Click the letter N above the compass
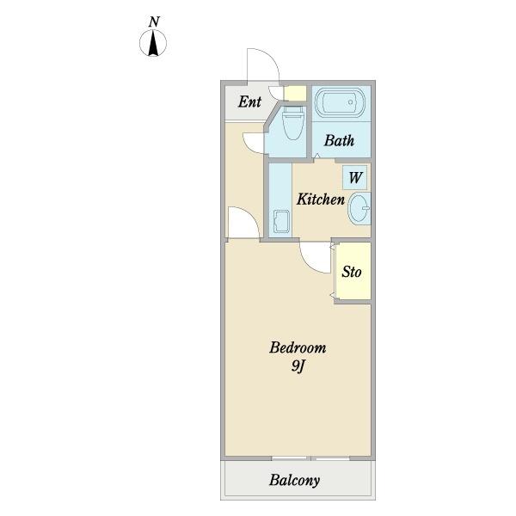tap(154, 21)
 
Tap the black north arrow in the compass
tap(153, 43)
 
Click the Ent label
tap(249, 101)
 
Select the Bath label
tap(340, 140)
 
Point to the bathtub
tap(340, 102)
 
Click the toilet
tap(292, 122)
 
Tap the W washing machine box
tap(354, 178)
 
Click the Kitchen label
tap(321, 200)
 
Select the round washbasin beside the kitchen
tap(359, 209)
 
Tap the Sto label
tap(352, 272)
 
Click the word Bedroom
tap(298, 347)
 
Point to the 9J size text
tap(298, 366)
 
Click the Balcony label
tap(294, 481)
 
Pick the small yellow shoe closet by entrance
tap(295, 94)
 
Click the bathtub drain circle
tap(351, 102)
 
